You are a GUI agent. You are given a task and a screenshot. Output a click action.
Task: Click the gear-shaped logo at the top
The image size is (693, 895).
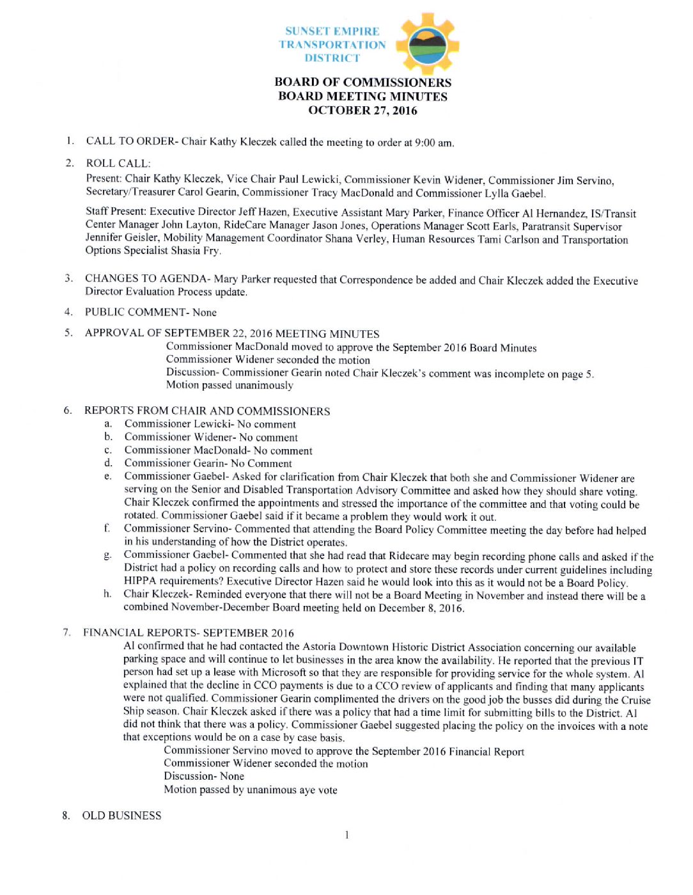coord(428,44)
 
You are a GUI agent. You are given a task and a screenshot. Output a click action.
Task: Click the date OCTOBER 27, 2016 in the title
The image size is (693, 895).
coord(362,110)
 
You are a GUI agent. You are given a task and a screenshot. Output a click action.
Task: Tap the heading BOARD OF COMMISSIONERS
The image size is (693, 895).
coord(362,82)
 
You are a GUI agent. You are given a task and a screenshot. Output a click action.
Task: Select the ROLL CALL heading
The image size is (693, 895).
coord(118,163)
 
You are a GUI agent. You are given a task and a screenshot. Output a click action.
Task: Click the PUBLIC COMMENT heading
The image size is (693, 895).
coord(135,312)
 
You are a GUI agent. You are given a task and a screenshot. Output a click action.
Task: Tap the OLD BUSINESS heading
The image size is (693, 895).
coord(121,816)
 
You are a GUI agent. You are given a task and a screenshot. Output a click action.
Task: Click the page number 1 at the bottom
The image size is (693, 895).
coord(346,835)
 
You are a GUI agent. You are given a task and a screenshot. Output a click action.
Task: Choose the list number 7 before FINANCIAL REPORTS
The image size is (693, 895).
coord(66,632)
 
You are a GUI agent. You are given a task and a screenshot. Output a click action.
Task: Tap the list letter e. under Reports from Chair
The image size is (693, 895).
coord(108,477)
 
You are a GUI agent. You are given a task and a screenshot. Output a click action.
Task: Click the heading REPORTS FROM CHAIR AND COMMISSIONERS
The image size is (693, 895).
coord(207,411)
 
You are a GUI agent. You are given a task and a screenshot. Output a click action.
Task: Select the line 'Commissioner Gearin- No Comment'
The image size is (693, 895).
coord(208,463)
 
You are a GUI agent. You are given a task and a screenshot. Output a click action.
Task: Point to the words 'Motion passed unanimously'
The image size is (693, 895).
coord(230,385)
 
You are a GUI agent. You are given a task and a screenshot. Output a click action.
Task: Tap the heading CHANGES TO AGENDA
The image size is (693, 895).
coord(146,278)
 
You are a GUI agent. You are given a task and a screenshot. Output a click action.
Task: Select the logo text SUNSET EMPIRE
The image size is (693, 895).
coord(332,31)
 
